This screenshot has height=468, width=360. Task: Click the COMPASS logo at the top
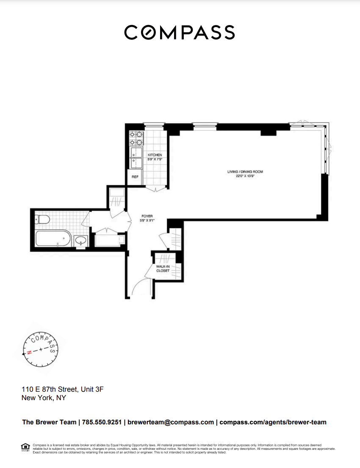point(180,33)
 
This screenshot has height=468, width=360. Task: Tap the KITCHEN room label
point(155,155)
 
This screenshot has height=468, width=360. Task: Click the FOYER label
point(147,216)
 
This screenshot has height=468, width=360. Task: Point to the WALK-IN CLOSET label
point(163,268)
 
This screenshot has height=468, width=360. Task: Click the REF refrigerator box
point(135,177)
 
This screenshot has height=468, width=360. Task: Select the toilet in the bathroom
point(42,220)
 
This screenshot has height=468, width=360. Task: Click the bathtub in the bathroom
point(53,239)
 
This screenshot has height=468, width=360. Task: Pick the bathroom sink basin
point(80,241)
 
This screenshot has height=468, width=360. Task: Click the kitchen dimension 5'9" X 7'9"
point(155,159)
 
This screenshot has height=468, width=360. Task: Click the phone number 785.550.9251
point(101,422)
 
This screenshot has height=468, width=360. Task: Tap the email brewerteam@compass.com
point(170,422)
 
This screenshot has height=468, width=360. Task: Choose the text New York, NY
point(44,398)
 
